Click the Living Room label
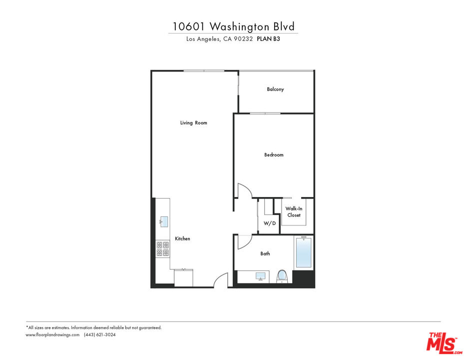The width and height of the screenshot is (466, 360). click(193, 122)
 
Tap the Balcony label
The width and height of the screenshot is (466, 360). click(275, 89)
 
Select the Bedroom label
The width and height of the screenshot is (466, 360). click(274, 154)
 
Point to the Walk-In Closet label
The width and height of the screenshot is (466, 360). click(294, 212)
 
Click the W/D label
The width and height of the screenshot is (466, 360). click(270, 223)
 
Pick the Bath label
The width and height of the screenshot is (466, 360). click(265, 253)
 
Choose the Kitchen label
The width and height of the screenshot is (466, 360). click(182, 238)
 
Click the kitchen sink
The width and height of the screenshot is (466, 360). click(164, 221)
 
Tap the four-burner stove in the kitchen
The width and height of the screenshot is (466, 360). click(162, 249)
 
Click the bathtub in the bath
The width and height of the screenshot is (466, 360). click(303, 252)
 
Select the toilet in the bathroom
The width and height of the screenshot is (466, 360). click(282, 276)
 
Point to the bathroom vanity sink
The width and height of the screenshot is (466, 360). click(261, 276)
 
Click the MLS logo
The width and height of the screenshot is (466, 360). click(444, 343)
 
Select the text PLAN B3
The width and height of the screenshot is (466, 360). click(268, 38)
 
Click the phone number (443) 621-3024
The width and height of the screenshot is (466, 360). click(99, 334)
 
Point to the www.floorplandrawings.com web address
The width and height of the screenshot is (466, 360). click(52, 334)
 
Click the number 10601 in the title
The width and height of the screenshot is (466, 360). click(188, 27)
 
